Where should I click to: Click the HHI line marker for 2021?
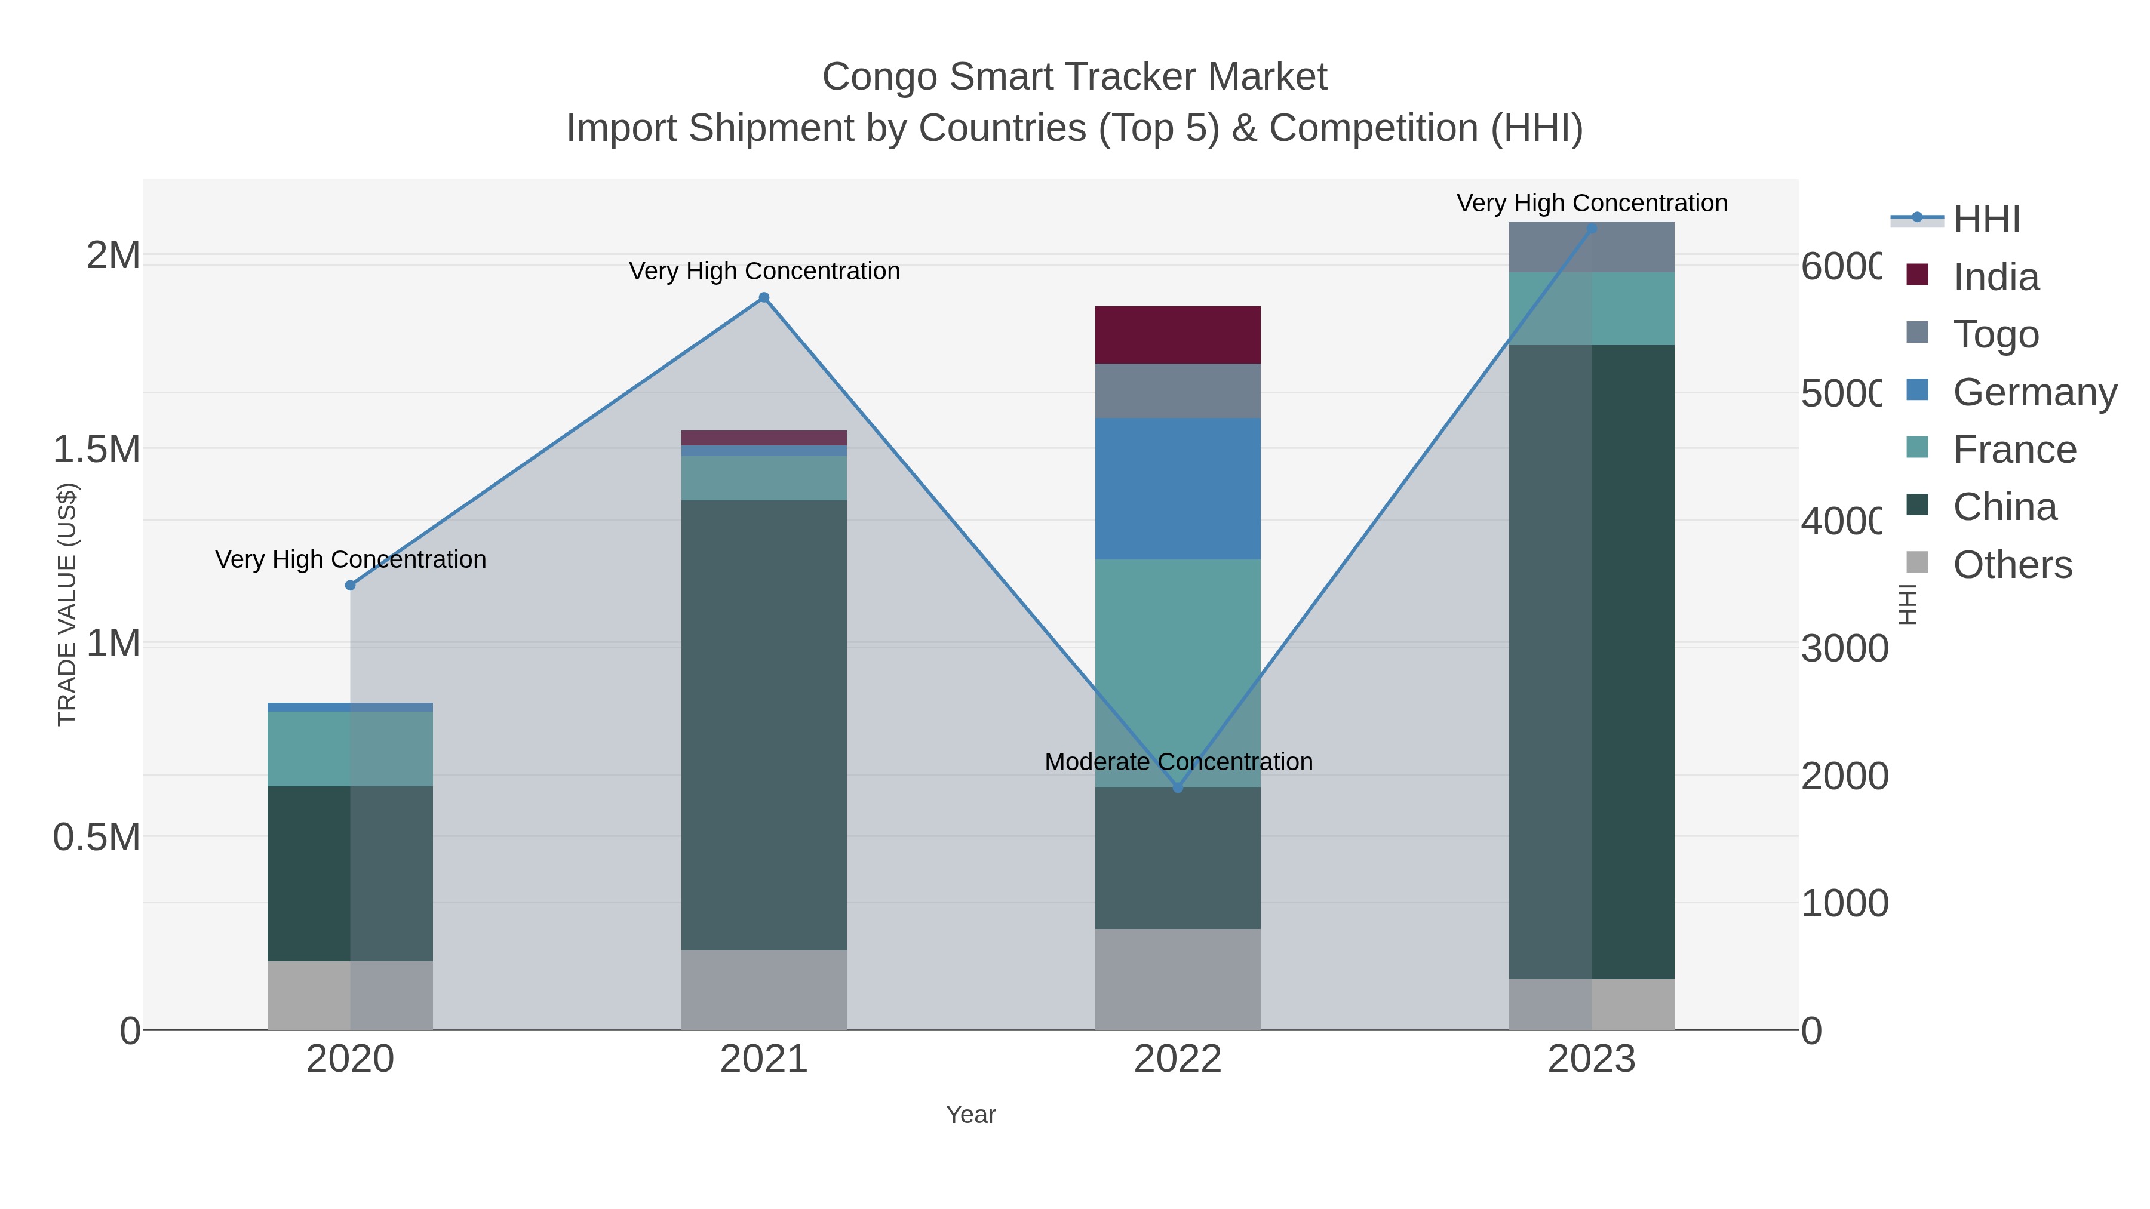[x=764, y=298]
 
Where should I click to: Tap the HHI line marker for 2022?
[x=1178, y=787]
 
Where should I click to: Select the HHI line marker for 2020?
[x=351, y=586]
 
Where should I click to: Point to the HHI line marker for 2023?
[x=1592, y=229]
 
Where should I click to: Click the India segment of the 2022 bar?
[x=1178, y=334]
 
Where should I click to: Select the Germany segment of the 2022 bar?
[x=1178, y=488]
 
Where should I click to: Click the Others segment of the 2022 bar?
[x=1178, y=979]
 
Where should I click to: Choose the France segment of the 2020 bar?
[x=351, y=749]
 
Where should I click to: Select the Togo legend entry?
[x=1995, y=334]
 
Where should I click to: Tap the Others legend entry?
[x=2011, y=565]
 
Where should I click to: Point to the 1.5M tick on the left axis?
[x=97, y=450]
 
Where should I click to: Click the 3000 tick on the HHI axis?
[x=1844, y=648]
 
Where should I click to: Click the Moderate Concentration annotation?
[x=1178, y=762]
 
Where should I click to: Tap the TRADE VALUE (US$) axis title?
[x=67, y=605]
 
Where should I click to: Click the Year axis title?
[x=970, y=1115]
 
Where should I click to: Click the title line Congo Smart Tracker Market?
[x=1074, y=77]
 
